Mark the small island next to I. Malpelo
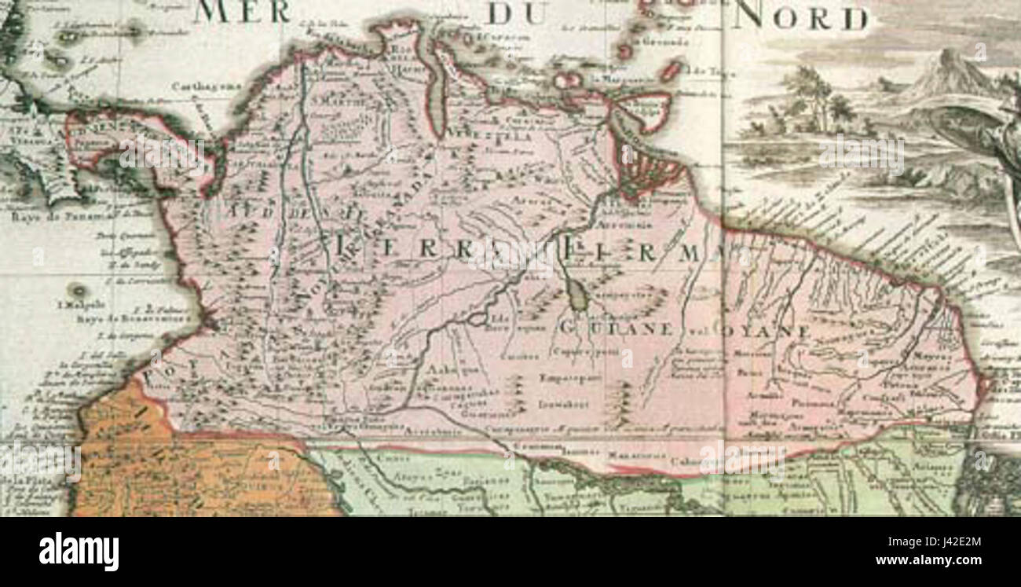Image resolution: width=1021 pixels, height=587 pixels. pyautogui.click(x=77, y=290)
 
